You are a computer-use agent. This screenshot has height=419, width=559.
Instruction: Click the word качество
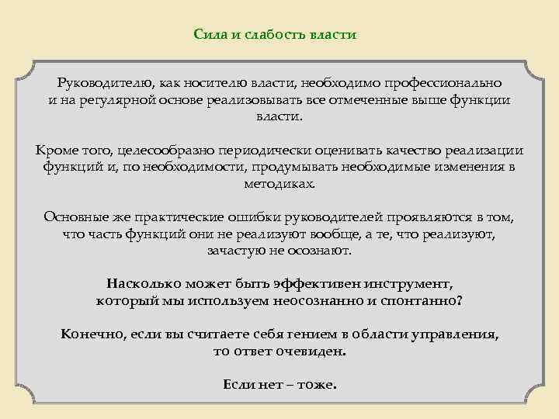[x=411, y=150]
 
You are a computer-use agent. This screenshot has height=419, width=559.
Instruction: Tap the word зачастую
[x=235, y=251]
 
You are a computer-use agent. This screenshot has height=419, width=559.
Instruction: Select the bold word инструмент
[x=402, y=284]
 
